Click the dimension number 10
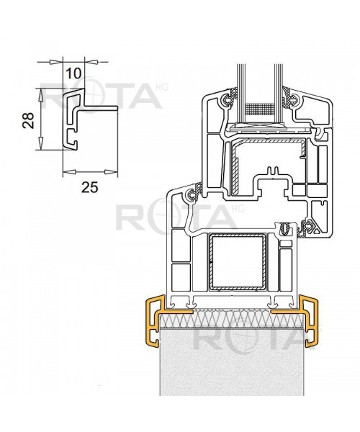pyautogui.click(x=73, y=73)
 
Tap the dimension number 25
pyautogui.click(x=89, y=188)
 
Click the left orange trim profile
pyautogui.click(x=153, y=321)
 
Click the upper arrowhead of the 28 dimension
pyautogui.click(x=40, y=93)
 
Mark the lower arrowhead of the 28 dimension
pyautogui.click(x=40, y=147)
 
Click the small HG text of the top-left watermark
pyautogui.click(x=158, y=87)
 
